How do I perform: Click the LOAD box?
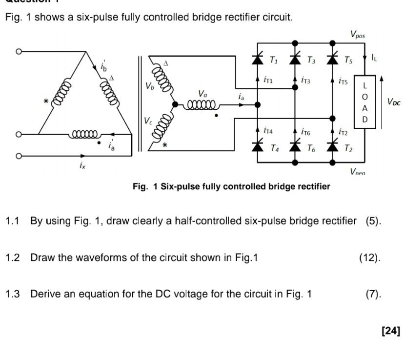[x=364, y=102]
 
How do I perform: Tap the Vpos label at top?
[x=357, y=35]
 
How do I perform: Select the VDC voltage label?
[x=393, y=102]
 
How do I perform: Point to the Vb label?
[x=149, y=86]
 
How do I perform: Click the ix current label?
[x=82, y=166]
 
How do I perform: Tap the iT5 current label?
[x=343, y=81]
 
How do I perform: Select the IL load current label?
[x=374, y=58]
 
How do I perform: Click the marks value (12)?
[x=369, y=258]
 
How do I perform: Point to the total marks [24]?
[x=390, y=331]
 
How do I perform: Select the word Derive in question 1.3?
[x=44, y=294]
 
